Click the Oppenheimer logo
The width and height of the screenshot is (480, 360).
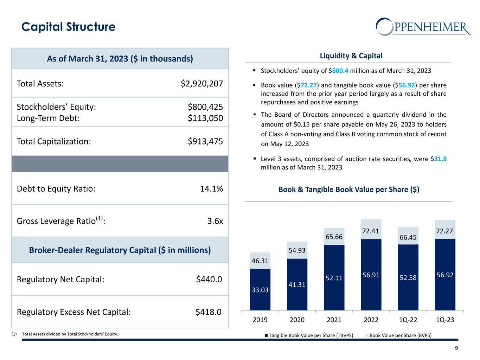423,27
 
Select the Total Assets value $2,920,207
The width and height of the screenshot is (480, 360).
202,84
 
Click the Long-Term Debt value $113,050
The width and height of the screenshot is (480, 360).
205,118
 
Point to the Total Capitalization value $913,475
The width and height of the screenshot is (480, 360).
205,141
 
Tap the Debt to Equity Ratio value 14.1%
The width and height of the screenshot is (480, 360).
211,189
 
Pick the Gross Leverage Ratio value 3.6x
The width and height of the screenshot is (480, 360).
215,221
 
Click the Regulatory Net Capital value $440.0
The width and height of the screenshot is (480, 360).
209,279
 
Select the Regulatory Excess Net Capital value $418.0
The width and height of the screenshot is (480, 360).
209,312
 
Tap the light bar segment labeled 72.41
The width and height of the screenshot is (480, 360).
371,229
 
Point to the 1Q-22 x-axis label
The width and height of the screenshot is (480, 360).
408,320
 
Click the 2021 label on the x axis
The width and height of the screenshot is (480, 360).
334,320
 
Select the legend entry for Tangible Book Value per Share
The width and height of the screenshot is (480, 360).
309,335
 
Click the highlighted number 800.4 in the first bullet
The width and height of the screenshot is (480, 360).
340,71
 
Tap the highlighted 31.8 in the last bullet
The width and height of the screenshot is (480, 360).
440,159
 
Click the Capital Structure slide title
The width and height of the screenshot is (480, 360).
68,27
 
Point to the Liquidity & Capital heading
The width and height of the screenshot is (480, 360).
351,56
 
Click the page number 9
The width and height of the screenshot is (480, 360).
456,348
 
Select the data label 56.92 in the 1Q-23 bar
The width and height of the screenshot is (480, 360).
445,274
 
